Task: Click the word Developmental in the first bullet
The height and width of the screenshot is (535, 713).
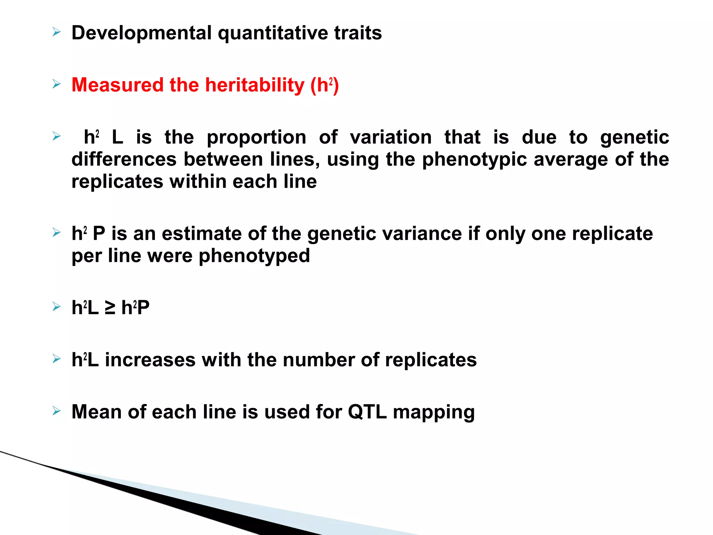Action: point(141,33)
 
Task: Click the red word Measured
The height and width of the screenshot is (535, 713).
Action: point(117,85)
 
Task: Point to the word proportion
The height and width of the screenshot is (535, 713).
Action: point(256,137)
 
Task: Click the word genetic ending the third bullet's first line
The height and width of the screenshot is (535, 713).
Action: point(634,137)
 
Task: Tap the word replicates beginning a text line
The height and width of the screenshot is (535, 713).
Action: point(117,181)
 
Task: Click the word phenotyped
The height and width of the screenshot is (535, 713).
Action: point(254,256)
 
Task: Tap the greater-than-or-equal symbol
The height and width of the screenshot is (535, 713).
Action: point(110,308)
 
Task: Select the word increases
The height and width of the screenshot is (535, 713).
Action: point(150,360)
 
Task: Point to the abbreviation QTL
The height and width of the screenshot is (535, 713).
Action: point(367,412)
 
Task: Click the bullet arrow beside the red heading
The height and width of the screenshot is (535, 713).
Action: point(56,84)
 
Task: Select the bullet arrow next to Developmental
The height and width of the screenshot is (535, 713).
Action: point(56,33)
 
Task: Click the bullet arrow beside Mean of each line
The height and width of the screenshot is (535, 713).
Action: point(56,411)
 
